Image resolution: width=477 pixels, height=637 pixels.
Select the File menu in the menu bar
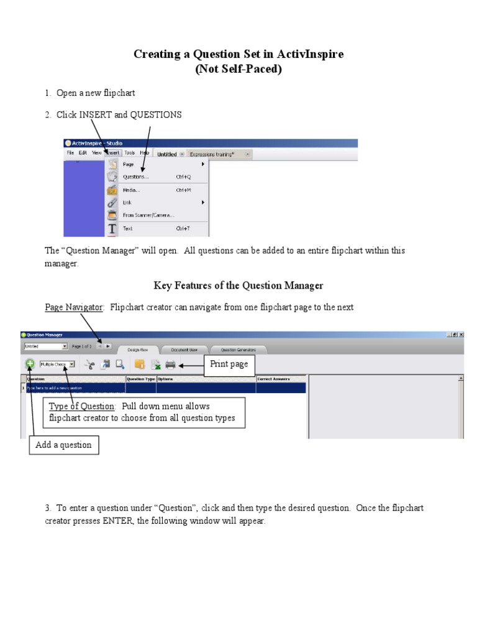71,153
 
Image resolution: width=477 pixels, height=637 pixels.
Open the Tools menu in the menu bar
129,153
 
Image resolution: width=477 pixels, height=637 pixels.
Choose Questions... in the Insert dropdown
135,177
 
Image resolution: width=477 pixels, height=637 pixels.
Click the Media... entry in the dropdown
131,190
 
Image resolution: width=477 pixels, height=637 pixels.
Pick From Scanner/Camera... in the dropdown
148,215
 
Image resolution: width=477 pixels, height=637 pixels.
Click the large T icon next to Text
112,228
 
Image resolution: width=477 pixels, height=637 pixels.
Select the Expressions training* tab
212,154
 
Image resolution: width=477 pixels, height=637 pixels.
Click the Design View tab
139,350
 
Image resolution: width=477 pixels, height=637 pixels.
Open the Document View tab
184,350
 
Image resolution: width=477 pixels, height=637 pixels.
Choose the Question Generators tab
238,350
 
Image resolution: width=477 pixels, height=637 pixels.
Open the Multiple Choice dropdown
57,365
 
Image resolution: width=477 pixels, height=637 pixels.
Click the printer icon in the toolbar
170,365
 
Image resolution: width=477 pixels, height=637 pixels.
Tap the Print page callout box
229,364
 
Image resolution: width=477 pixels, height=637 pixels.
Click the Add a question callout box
63,445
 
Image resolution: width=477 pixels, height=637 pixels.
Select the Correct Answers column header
273,378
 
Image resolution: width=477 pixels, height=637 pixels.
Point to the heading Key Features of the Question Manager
238,286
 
